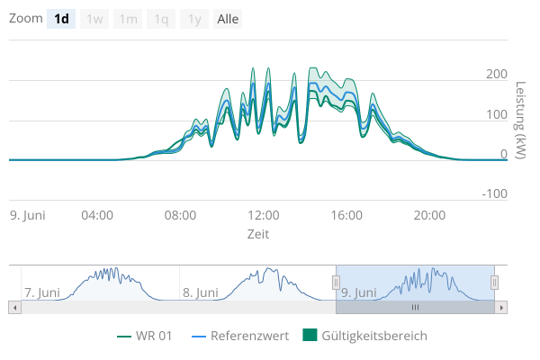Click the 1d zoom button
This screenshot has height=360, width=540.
point(61,19)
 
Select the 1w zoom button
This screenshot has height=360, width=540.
point(94,19)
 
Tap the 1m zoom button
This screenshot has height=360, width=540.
point(128,19)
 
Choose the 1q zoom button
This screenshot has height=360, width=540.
point(161,19)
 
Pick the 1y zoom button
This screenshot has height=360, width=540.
point(194,19)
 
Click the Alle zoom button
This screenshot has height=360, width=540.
point(228,19)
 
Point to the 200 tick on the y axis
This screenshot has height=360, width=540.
point(496,74)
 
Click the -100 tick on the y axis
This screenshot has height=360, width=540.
point(493,193)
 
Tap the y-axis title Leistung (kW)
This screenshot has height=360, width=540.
point(521,121)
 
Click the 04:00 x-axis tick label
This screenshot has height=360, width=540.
point(97,215)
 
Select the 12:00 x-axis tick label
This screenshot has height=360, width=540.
point(264,215)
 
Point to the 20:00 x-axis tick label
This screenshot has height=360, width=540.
point(429,215)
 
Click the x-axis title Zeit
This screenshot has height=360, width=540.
point(258,233)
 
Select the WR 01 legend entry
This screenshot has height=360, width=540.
point(145,336)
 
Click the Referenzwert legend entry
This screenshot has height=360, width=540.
point(240,336)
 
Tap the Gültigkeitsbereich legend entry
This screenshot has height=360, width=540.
point(365,336)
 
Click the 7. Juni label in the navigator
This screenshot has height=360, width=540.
point(42,292)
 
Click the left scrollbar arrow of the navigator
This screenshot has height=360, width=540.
point(13,307)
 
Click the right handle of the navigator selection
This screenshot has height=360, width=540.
point(494,283)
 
